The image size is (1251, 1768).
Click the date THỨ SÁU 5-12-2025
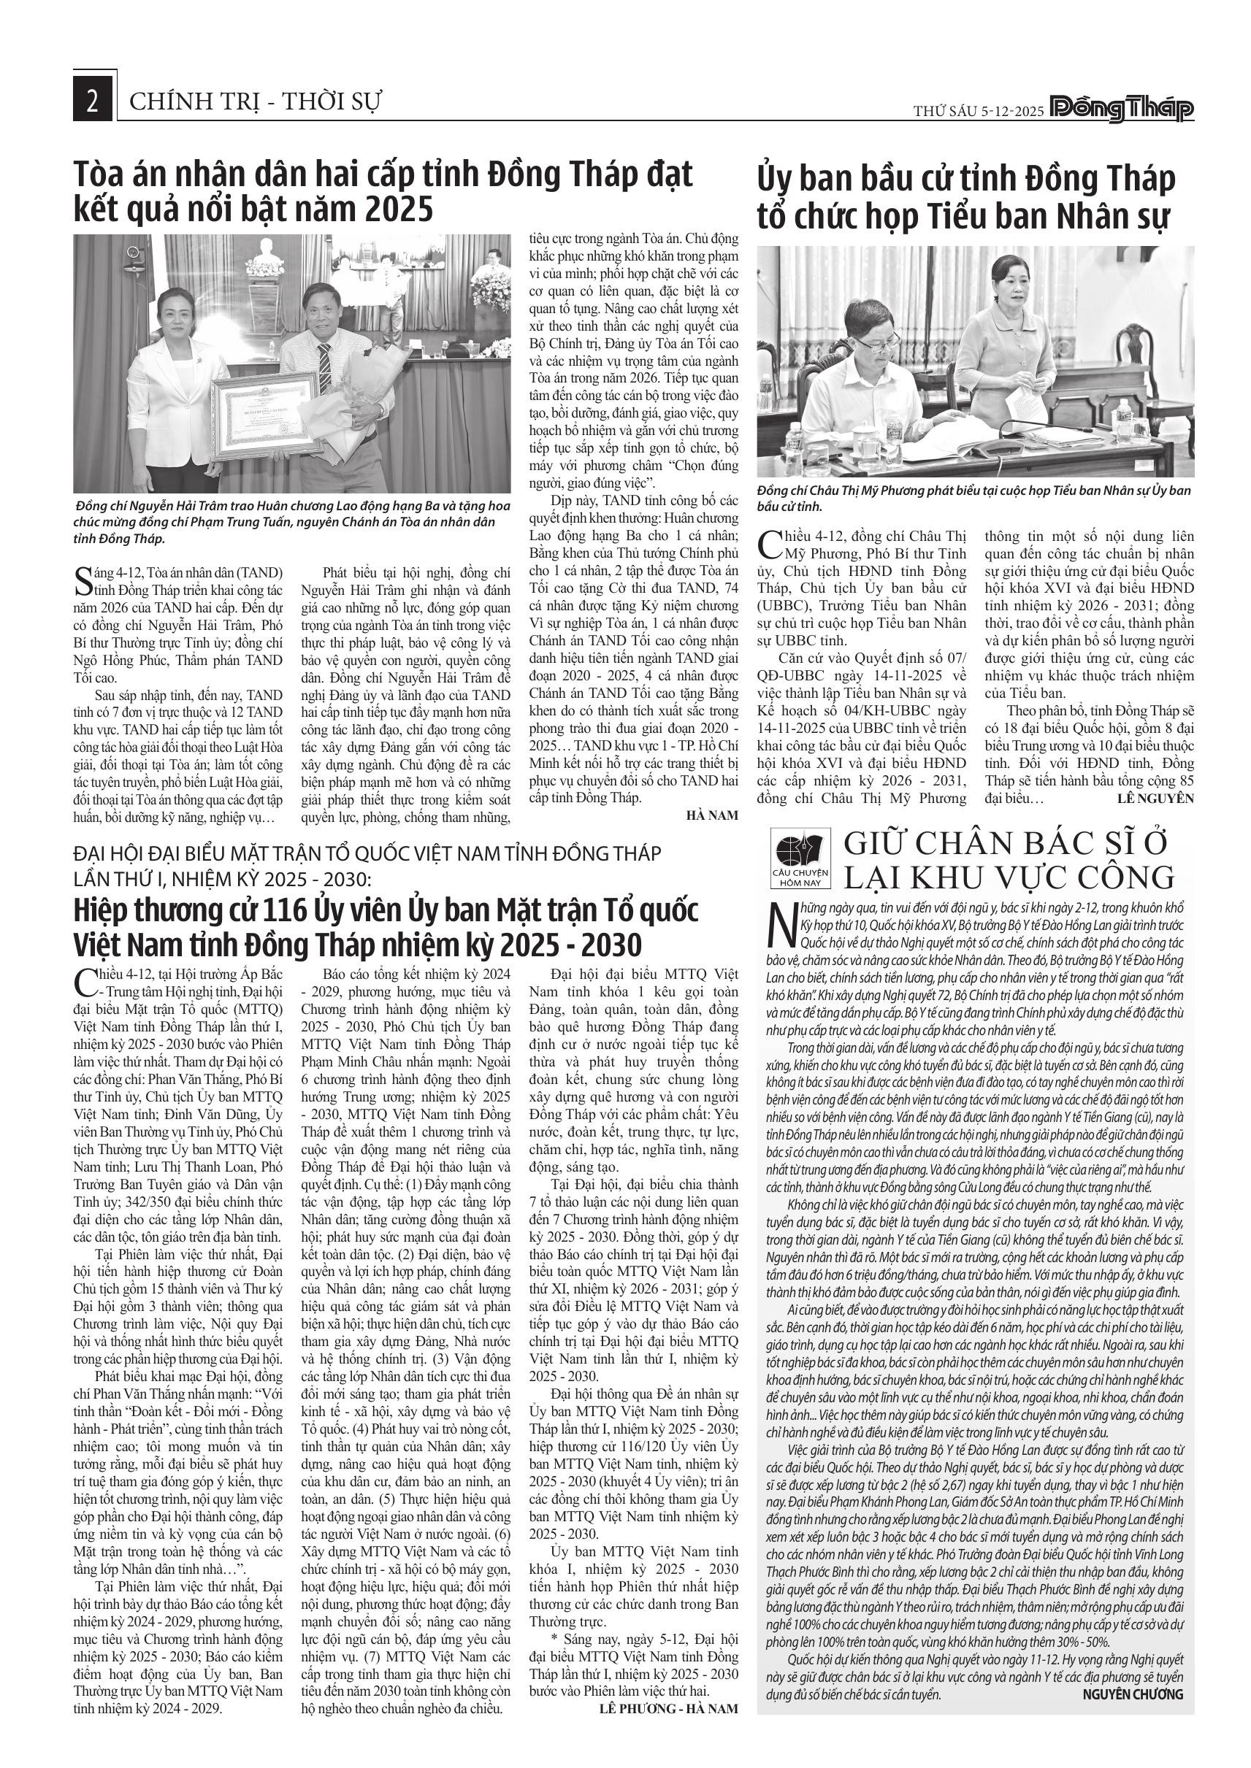[x=979, y=111]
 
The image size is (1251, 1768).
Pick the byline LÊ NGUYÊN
[x=1155, y=799]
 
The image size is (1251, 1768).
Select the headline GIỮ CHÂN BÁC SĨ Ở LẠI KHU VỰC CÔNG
[x=1009, y=860]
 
